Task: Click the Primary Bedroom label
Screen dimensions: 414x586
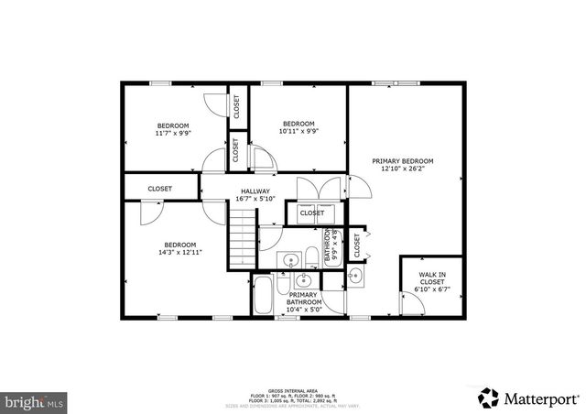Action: click(402, 160)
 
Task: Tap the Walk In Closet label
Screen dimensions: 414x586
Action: click(434, 278)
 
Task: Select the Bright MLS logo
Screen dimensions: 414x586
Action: click(34, 401)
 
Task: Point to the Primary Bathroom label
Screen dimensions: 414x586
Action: click(304, 299)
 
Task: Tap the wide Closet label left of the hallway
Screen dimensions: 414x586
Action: click(160, 189)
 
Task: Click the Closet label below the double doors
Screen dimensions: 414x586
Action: click(311, 213)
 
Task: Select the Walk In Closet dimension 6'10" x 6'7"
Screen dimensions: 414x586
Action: click(434, 289)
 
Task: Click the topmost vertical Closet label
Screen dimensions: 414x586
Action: click(236, 106)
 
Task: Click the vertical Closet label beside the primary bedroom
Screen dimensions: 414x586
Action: click(357, 245)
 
